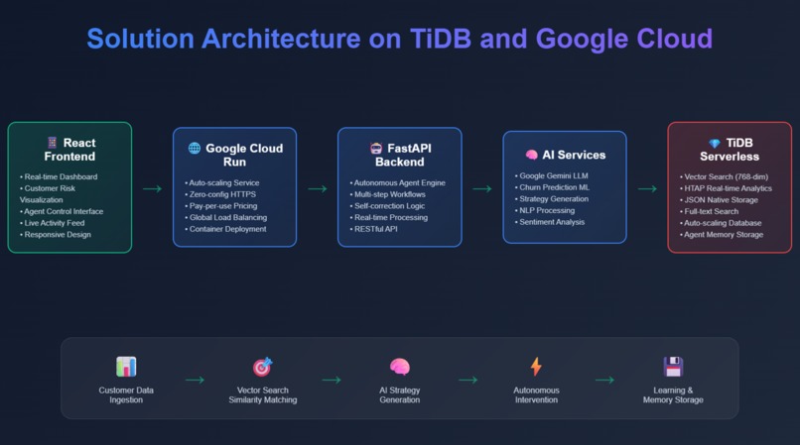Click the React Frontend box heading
click(x=70, y=150)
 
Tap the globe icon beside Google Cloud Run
click(x=195, y=149)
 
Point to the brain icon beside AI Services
click(x=532, y=155)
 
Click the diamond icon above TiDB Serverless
click(x=715, y=144)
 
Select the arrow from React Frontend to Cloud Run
click(x=152, y=188)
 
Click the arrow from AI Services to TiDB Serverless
click(x=646, y=188)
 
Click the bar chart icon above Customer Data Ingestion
click(x=126, y=367)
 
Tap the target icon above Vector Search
click(x=262, y=367)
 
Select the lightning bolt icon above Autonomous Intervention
click(x=536, y=367)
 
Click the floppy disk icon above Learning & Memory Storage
click(x=673, y=367)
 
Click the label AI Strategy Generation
click(x=399, y=394)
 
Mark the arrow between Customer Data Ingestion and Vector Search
click(x=195, y=380)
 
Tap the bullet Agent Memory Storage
click(x=722, y=235)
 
